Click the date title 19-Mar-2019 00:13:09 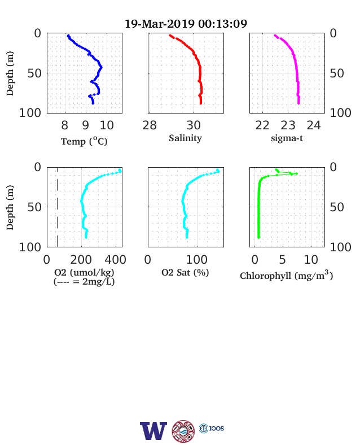(x=186, y=24)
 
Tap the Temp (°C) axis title (x=84, y=141)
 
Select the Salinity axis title (x=186, y=138)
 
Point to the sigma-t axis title (x=287, y=138)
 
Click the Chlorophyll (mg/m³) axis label (x=286, y=275)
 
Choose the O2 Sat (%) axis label (x=185, y=272)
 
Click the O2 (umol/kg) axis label (x=84, y=272)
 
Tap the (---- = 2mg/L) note (x=84, y=282)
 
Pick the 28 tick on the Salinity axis (x=150, y=125)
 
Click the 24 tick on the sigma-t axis (x=314, y=125)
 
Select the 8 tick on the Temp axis (x=65, y=125)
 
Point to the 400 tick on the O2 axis (x=115, y=259)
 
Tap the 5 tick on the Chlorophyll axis (x=282, y=259)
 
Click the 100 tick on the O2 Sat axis (x=197, y=259)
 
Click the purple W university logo (x=153, y=431)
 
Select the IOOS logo (x=212, y=428)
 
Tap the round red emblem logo (x=183, y=431)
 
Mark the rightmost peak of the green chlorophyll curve (x=296, y=173)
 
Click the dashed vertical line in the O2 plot (x=58, y=207)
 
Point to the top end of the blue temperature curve (x=68, y=36)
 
